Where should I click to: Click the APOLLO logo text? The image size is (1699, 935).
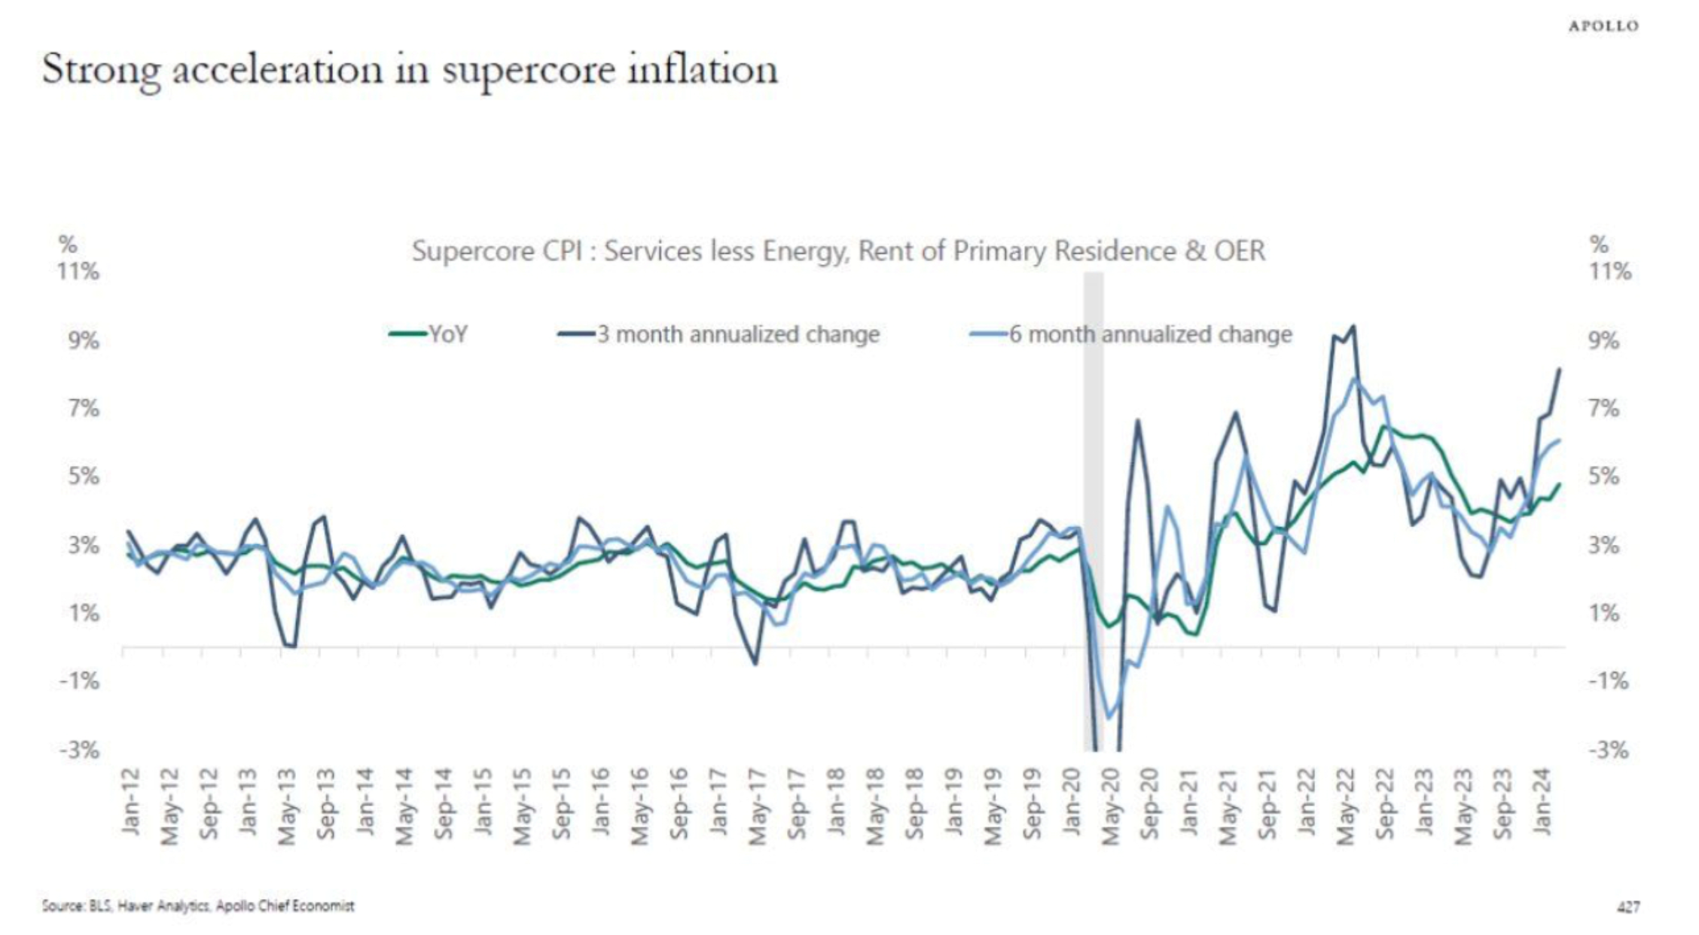point(1603,26)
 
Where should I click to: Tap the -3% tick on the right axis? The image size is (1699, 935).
point(1609,751)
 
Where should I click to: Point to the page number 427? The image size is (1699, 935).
point(1627,907)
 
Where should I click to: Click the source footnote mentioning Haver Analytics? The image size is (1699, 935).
point(198,906)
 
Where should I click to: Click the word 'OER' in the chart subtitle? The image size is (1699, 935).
point(1240,251)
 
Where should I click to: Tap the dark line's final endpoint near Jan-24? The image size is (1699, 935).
point(1559,369)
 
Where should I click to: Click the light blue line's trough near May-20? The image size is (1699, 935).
point(1108,718)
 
